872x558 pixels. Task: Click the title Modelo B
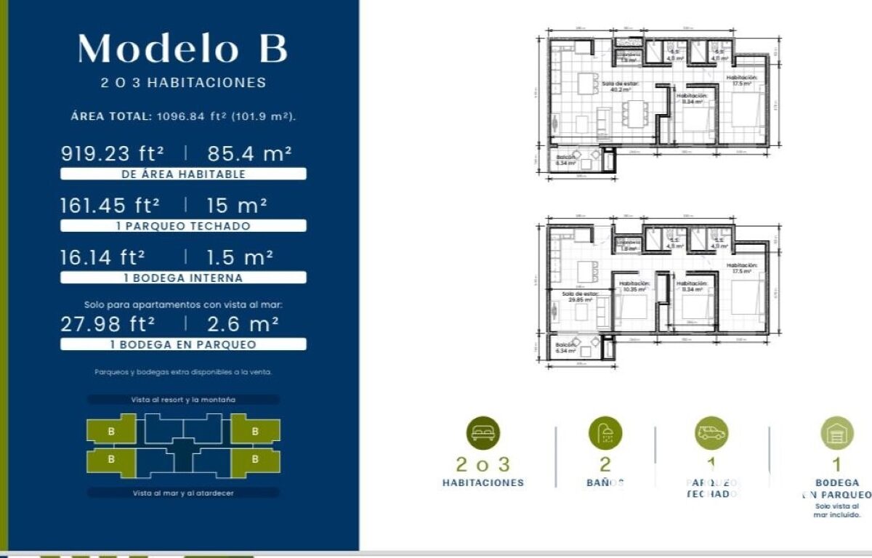tap(183, 48)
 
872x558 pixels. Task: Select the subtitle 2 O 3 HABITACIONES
tap(183, 83)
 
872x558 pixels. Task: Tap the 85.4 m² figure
tap(249, 153)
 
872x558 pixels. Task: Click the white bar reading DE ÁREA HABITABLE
tap(183, 174)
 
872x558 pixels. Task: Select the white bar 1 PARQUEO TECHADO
tap(183, 226)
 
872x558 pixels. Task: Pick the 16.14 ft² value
tap(102, 257)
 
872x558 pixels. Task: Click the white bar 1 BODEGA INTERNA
tap(183, 278)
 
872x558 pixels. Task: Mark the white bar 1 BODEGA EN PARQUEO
tap(183, 344)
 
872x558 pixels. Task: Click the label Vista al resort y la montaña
tap(183, 400)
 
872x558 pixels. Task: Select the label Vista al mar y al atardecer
tap(183, 493)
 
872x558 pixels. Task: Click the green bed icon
tap(483, 433)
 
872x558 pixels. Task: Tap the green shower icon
tap(605, 433)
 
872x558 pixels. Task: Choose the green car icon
tap(711, 433)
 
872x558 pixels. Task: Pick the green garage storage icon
tap(837, 433)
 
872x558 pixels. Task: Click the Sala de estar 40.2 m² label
tap(620, 86)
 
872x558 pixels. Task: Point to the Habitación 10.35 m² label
tap(630, 287)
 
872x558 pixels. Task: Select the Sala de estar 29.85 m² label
tap(578, 296)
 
